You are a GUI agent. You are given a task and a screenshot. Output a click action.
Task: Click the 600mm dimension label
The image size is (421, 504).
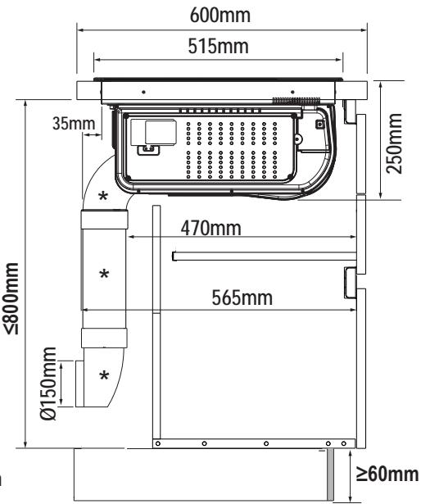coord(220,15)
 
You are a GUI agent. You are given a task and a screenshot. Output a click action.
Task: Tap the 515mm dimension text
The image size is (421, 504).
coord(218,46)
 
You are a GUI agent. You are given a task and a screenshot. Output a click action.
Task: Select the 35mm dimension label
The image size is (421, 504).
coord(74,123)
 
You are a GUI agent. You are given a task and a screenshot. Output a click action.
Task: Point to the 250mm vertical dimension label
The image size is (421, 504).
coord(394,143)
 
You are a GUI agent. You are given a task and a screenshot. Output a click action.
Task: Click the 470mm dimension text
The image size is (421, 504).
coord(210,228)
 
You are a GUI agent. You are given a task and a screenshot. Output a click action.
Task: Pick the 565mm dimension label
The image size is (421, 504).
coord(242,297)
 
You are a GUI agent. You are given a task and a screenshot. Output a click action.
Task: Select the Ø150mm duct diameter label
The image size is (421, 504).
coord(48,384)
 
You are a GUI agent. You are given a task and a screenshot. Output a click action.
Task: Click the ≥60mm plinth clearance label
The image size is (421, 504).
coord(387,474)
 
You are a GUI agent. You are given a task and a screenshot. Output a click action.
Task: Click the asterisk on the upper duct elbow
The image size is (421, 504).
coord(103,196)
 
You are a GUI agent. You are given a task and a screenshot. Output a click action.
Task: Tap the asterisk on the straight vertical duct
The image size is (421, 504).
coord(104,275)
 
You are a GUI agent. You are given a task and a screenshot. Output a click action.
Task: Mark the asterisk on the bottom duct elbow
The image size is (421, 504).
coord(104,375)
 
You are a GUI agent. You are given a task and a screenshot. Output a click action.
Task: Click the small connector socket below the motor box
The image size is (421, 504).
coord(149,150)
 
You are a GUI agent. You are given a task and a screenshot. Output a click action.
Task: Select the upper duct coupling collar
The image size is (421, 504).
coord(105,219)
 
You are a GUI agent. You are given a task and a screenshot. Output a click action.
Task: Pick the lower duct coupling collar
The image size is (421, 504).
coord(104,338)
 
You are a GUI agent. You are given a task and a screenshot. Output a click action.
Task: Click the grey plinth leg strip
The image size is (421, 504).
coord(330,474)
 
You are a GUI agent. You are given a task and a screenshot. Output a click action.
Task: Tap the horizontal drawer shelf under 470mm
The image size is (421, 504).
coord(265,257)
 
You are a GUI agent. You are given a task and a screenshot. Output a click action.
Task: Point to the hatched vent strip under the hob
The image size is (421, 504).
coord(297,101)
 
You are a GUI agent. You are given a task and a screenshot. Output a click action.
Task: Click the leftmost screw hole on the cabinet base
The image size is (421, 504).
coord(158,444)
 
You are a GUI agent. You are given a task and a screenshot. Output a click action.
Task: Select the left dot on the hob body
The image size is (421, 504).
coord(143,93)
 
